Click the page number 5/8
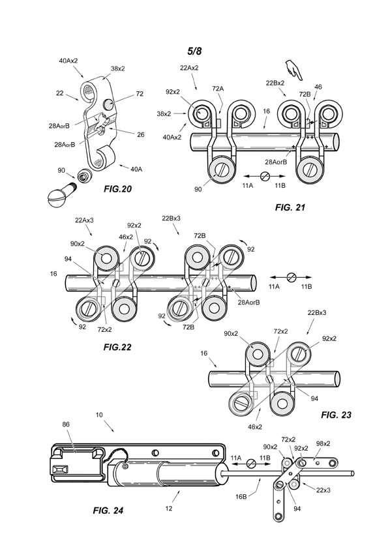point(194,51)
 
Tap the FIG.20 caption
point(117,189)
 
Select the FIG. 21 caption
point(290,207)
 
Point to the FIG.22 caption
point(117,347)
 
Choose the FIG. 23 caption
point(336,415)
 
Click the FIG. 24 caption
point(108,511)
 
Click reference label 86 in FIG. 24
point(66,424)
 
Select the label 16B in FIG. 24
point(241,496)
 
